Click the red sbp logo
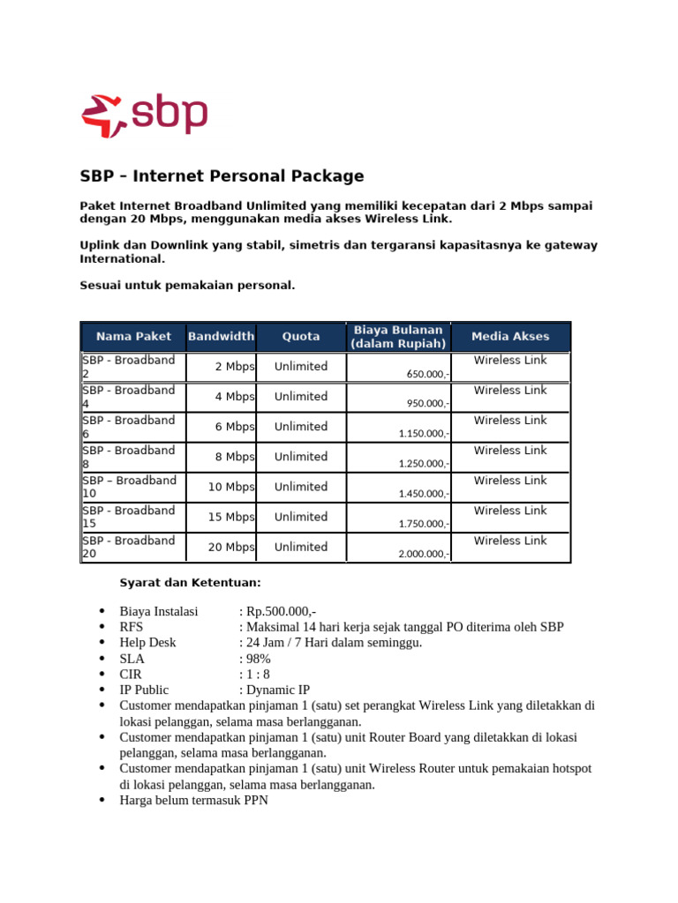[x=144, y=116]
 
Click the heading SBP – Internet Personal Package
[x=222, y=175]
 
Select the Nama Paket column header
[x=132, y=336]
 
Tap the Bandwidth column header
[x=221, y=336]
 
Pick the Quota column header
[x=301, y=336]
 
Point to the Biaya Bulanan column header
[x=398, y=336]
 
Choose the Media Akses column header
[x=510, y=336]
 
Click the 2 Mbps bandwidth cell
[x=234, y=367]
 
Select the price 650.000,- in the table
[x=428, y=374]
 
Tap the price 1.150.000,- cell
[x=425, y=434]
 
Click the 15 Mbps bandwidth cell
[x=230, y=517]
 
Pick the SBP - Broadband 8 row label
[x=129, y=457]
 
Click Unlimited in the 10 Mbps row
[x=301, y=487]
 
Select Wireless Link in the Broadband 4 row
[x=510, y=390]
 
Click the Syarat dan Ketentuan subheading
[x=190, y=582]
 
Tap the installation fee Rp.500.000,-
[x=282, y=611]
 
